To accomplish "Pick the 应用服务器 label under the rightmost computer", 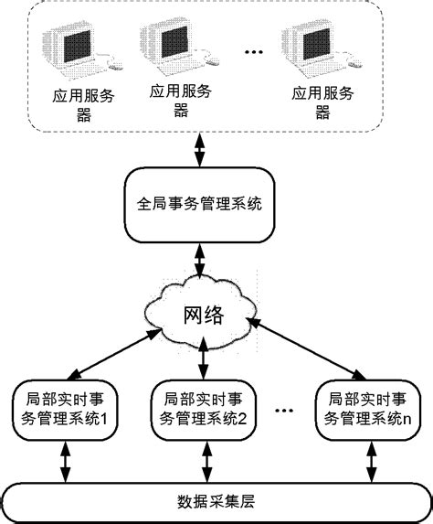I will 323,101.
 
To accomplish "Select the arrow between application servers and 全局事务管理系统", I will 198,149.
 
